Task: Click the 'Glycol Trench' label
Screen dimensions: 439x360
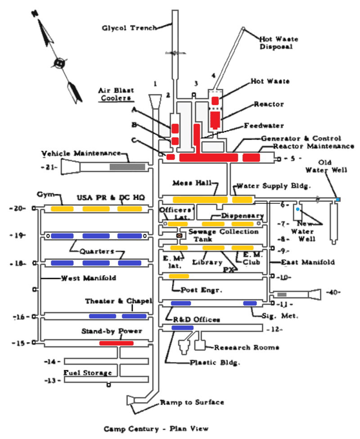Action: point(129,28)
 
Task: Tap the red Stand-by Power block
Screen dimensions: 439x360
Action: point(117,343)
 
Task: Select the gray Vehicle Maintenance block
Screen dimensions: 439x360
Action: point(127,167)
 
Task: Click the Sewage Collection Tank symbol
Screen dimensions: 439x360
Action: point(179,236)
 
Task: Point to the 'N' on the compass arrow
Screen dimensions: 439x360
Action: point(34,13)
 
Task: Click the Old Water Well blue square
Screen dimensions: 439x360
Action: point(338,199)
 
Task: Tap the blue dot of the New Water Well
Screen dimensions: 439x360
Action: point(297,210)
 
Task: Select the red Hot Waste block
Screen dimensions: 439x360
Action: point(215,100)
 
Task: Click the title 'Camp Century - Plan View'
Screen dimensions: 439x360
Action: point(156,429)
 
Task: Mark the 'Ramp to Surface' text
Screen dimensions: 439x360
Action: point(192,402)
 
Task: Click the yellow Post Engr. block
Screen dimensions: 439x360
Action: point(179,276)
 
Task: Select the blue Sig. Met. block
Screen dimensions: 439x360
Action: point(250,303)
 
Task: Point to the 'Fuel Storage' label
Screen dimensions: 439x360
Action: point(87,373)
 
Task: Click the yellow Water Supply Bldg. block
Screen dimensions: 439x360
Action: point(242,199)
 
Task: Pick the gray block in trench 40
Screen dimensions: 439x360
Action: point(282,294)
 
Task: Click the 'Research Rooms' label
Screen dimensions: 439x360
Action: point(247,347)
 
